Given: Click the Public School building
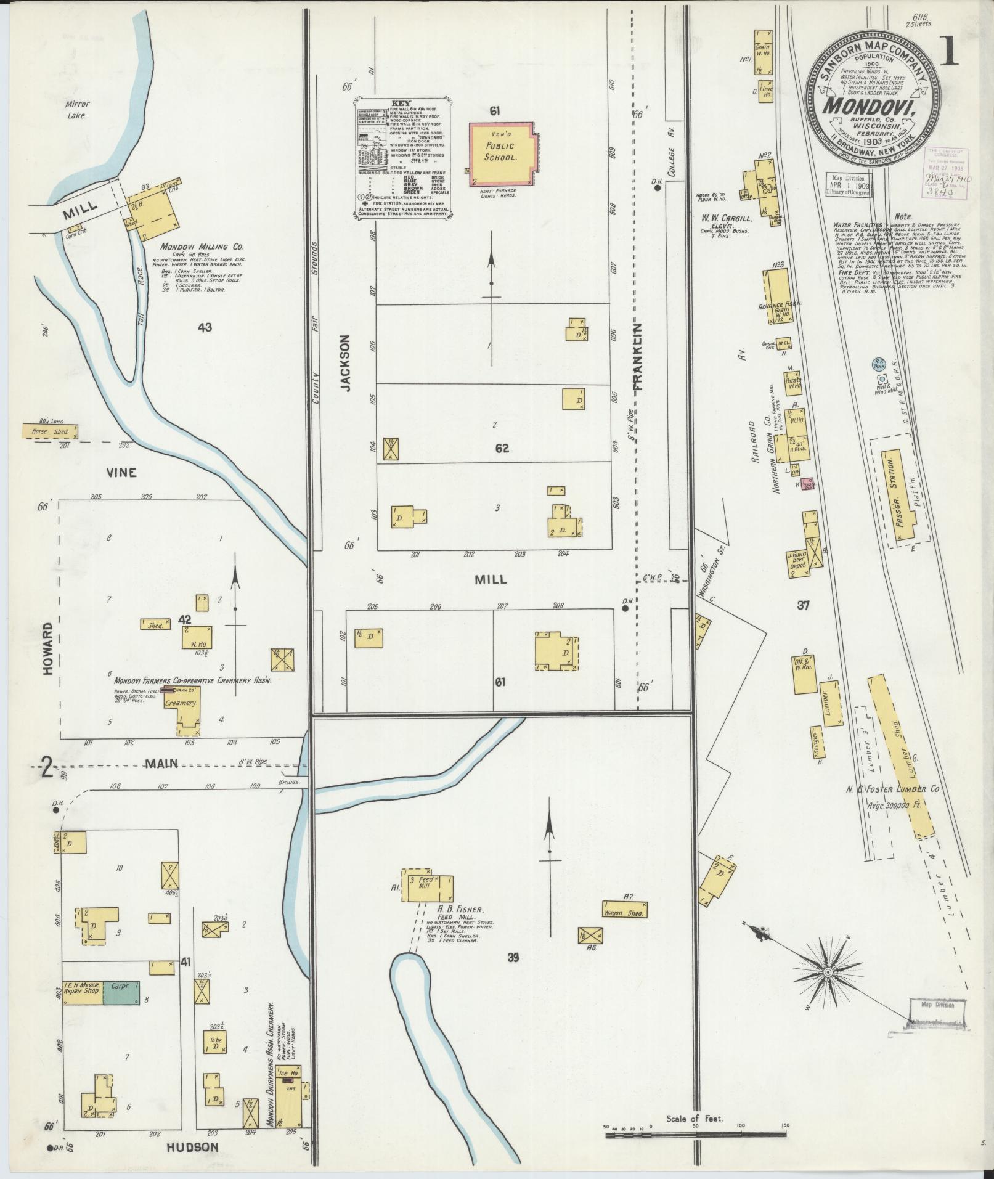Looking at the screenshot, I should (500, 153).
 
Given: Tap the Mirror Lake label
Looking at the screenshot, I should (79, 109).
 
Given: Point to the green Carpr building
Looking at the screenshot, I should (121, 1008).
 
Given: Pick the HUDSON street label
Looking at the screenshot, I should (193, 1147).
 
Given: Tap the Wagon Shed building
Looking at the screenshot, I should (625, 913).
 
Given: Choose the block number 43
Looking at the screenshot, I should (205, 327).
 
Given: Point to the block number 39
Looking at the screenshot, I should (513, 974).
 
